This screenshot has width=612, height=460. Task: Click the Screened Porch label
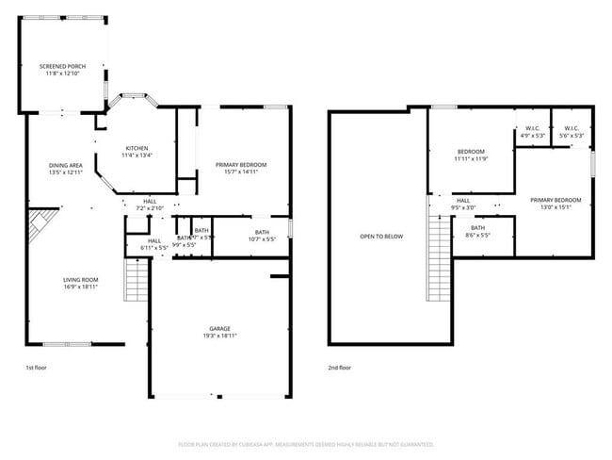point(62,71)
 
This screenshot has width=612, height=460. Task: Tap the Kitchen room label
point(137,152)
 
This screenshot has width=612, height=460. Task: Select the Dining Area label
point(65,169)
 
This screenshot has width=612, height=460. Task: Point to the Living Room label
point(81,284)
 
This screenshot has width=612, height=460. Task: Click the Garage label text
point(219,331)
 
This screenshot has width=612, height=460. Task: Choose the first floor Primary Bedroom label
point(241,169)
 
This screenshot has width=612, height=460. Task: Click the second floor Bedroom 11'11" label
point(471,156)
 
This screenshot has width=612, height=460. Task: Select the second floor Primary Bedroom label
point(556,204)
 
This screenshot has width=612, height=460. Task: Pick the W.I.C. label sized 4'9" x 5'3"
point(532,132)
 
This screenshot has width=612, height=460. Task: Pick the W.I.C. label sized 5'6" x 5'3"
point(572,132)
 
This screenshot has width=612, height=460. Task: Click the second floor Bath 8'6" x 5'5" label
point(478,231)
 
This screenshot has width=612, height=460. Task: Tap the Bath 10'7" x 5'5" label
point(261,236)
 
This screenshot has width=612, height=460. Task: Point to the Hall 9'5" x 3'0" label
point(464,204)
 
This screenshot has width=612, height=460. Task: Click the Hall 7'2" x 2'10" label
point(150,205)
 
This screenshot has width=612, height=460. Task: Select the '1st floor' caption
point(35,368)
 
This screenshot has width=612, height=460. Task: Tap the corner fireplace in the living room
point(39,226)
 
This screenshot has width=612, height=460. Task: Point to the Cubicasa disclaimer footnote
point(306,443)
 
